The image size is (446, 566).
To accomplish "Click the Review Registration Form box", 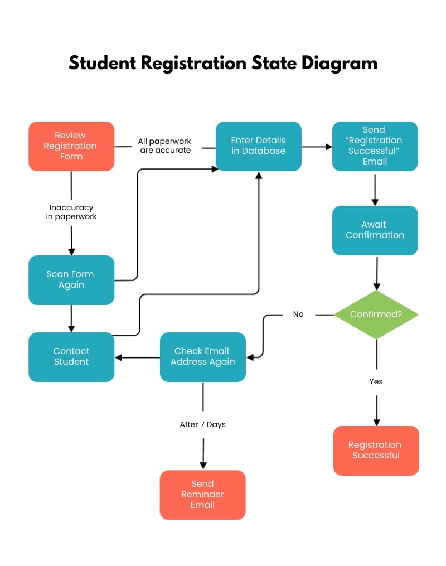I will [71, 146].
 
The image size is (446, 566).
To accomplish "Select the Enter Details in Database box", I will [258, 146].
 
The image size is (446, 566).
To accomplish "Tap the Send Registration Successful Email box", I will [375, 146].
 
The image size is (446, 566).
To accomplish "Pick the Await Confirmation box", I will [375, 230].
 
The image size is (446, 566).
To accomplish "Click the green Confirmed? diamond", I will [376, 315].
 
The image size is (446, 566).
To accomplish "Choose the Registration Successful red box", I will [376, 450].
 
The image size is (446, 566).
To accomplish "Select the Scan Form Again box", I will [71, 279].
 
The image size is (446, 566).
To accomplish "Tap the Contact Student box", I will [71, 356].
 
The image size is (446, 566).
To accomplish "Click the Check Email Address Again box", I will [202, 356].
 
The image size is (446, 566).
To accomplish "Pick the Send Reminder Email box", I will [202, 495].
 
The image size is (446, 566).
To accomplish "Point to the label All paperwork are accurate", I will [165, 146].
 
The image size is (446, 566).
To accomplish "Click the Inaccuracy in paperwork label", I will [71, 212].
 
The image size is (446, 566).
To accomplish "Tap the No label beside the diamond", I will [298, 315].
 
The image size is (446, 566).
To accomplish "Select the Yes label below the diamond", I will [376, 381].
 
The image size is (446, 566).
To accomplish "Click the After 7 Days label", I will [202, 424].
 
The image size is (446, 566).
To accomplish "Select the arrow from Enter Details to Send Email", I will [317, 147].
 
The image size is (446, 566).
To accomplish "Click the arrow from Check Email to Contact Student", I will [137, 357].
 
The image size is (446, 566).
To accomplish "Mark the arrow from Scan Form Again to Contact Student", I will [71, 318].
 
